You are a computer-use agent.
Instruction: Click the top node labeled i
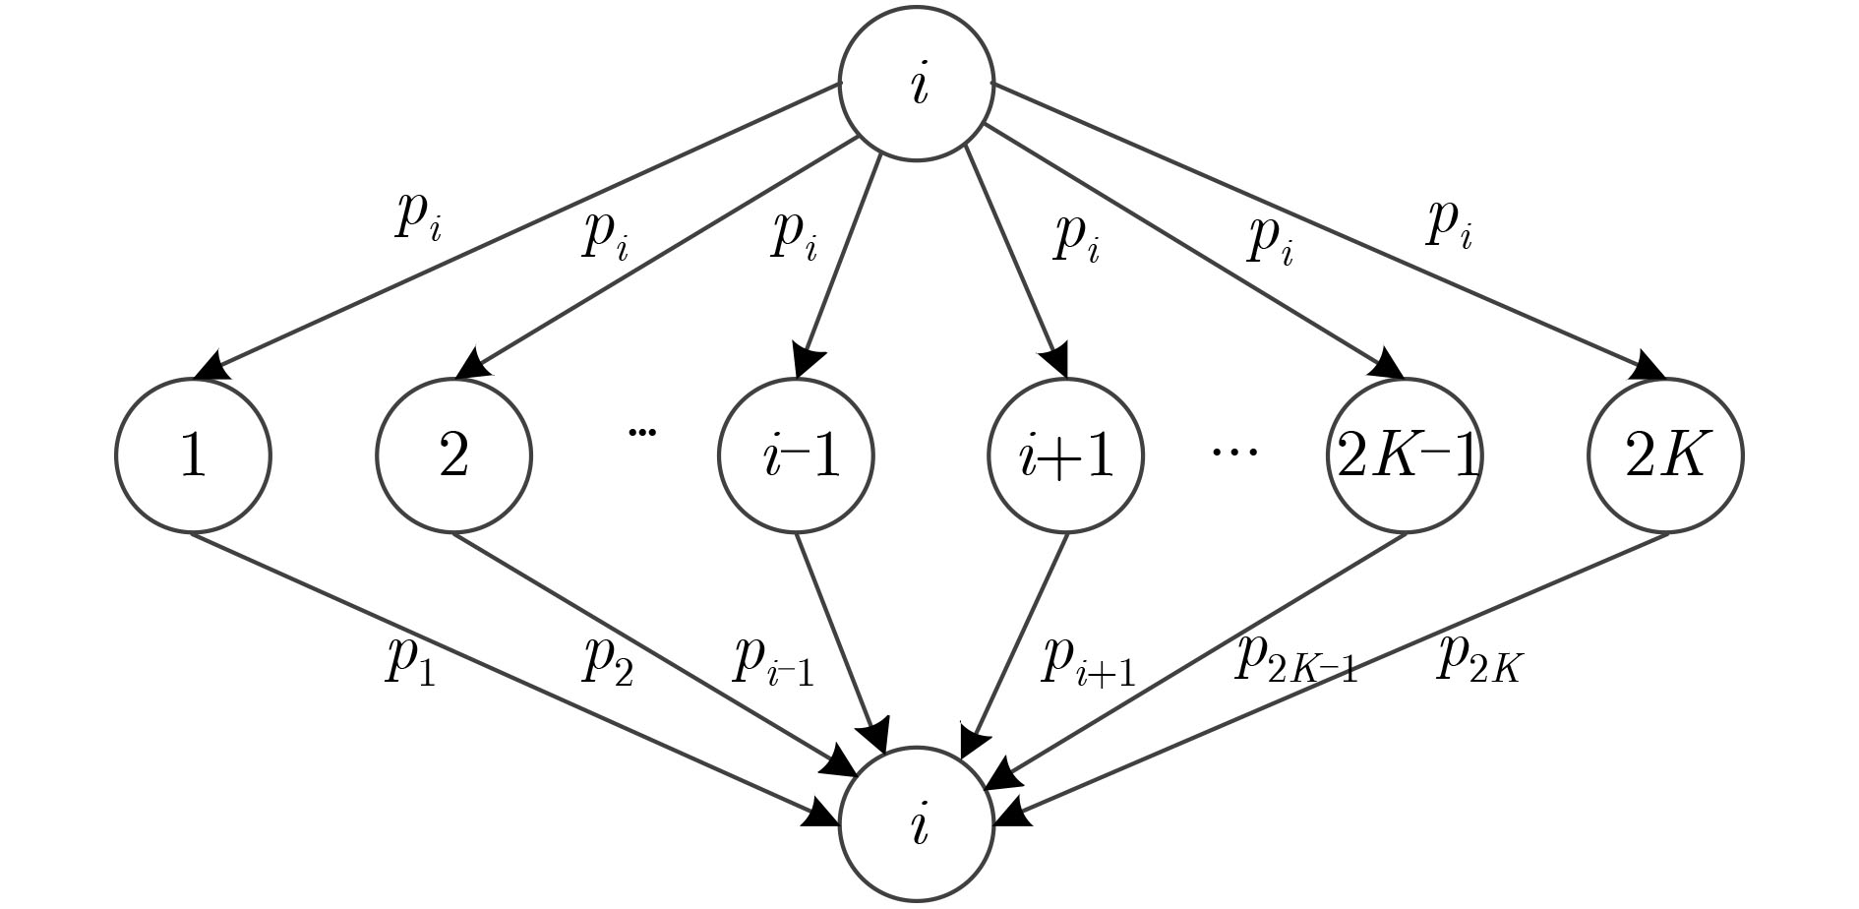tap(917, 84)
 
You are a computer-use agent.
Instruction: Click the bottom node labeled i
tap(917, 824)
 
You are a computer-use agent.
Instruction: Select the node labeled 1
tap(193, 455)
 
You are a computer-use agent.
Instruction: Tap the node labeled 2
tap(453, 455)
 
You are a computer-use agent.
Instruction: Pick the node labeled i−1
tap(797, 455)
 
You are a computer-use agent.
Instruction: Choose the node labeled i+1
tap(1066, 455)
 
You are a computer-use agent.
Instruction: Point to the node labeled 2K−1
tap(1407, 455)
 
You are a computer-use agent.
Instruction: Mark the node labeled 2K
tap(1665, 455)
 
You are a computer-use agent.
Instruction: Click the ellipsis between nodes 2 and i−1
tap(641, 431)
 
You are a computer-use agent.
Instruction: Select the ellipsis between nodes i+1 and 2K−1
tap(1234, 453)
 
